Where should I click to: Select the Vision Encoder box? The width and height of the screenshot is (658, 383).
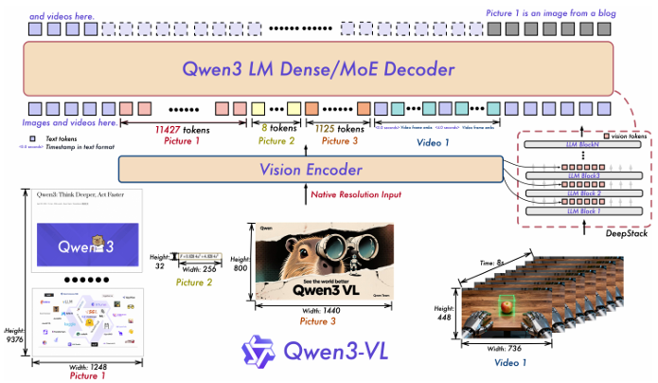tap(311, 170)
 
